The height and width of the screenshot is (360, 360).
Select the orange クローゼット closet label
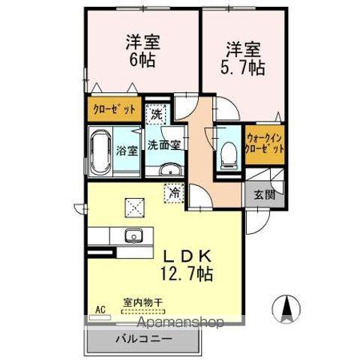pos(115,109)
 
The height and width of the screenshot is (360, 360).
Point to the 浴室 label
pos(127,150)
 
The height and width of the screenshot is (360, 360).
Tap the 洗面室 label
pos(162,144)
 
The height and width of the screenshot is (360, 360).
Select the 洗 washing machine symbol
pos(155,115)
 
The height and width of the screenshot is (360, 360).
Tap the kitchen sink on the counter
pos(134,234)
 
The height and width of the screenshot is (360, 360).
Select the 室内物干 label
pos(142,303)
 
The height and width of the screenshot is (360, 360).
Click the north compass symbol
pos(287,307)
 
